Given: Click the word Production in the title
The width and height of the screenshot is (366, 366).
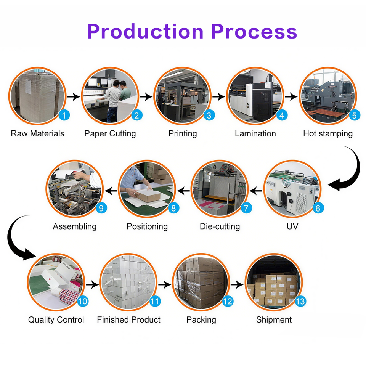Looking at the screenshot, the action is [x=145, y=32].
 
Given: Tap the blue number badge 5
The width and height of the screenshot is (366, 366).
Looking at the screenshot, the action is [x=354, y=115].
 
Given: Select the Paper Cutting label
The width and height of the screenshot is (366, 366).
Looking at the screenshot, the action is [x=110, y=134].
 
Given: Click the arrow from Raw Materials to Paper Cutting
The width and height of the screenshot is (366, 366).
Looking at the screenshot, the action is [x=74, y=96].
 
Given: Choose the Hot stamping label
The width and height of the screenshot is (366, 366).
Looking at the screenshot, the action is [x=328, y=134].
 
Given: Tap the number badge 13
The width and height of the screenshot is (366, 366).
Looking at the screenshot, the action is [x=300, y=301].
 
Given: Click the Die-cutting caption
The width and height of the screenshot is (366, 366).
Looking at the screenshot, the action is [x=220, y=226].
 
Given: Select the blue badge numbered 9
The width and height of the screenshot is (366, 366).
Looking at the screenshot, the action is [x=101, y=208].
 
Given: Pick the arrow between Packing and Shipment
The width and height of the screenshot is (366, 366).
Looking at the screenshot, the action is [x=237, y=284].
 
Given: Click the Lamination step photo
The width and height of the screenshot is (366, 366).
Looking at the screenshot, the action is [x=255, y=96].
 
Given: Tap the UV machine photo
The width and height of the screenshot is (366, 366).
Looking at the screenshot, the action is [x=292, y=189].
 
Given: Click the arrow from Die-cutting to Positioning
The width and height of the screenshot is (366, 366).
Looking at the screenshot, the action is [x=183, y=191].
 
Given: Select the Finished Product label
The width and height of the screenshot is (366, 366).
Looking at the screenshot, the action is [x=128, y=319].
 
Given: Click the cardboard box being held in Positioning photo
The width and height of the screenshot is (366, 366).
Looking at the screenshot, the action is [x=148, y=195].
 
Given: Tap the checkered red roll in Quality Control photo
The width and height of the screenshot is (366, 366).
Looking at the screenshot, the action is [x=69, y=296].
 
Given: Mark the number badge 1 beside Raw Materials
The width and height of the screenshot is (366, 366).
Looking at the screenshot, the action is [x=64, y=115].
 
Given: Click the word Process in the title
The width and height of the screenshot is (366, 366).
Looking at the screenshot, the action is [x=254, y=32].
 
